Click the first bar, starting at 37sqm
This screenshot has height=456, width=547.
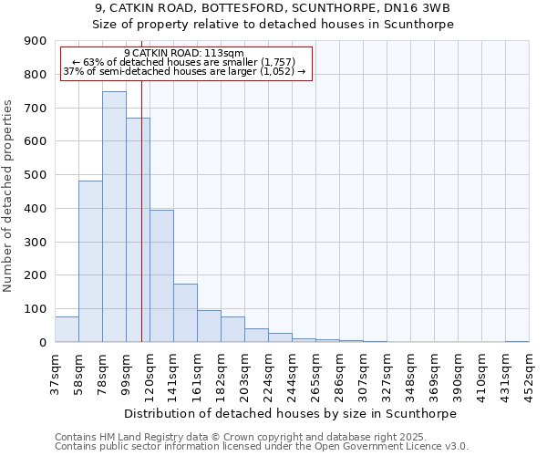click(x=67, y=329)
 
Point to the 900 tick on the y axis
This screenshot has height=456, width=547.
click(x=36, y=41)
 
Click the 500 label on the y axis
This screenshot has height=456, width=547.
click(x=36, y=175)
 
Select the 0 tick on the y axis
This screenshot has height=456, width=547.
click(x=43, y=343)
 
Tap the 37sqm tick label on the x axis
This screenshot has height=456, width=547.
click(x=55, y=373)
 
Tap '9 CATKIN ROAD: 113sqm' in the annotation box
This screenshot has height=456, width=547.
click(x=184, y=54)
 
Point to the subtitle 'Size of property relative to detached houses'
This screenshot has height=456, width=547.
click(x=273, y=25)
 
